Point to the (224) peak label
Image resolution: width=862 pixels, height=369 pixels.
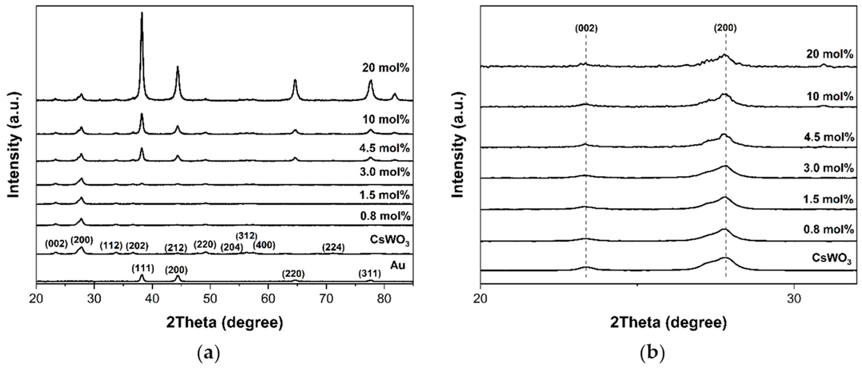click(x=333, y=247)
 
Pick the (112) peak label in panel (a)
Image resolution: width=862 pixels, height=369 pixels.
click(x=111, y=246)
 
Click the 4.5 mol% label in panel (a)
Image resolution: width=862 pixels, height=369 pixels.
click(x=385, y=148)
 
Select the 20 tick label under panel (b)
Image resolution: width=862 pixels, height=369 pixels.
click(x=481, y=298)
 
